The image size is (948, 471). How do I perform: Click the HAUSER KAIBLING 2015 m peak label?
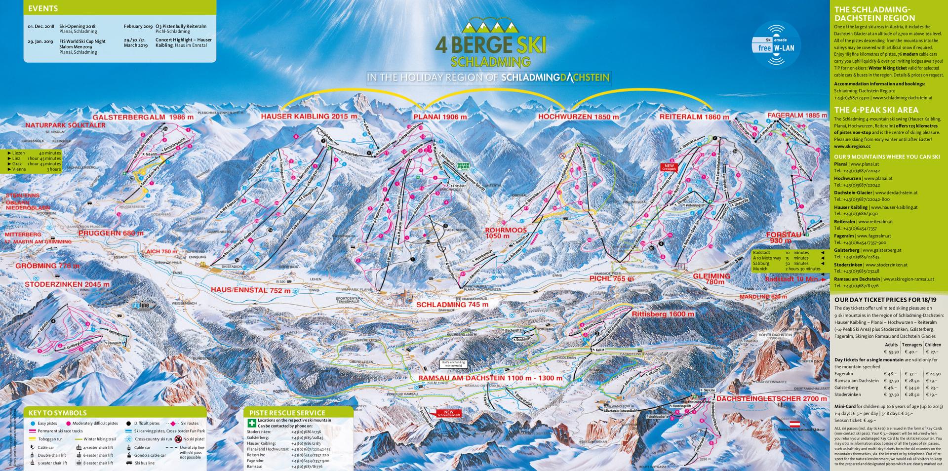click(x=309, y=117)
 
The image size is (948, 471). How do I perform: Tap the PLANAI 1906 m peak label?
click(x=439, y=117)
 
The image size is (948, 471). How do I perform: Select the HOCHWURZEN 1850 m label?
click(x=578, y=117)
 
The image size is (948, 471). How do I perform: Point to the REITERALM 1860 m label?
click(x=694, y=117)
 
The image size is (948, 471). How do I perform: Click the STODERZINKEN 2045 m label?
click(x=67, y=284)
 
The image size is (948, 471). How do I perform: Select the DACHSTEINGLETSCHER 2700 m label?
click(x=771, y=398)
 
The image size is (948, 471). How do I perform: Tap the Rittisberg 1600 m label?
click(x=663, y=314)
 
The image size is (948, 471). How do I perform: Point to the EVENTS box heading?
click(x=43, y=8)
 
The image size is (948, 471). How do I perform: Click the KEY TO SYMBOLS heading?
click(x=58, y=413)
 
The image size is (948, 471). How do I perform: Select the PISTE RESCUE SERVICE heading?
click(x=287, y=413)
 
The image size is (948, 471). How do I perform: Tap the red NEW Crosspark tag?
click(x=669, y=167)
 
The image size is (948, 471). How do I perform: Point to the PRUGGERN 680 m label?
click(x=111, y=233)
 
